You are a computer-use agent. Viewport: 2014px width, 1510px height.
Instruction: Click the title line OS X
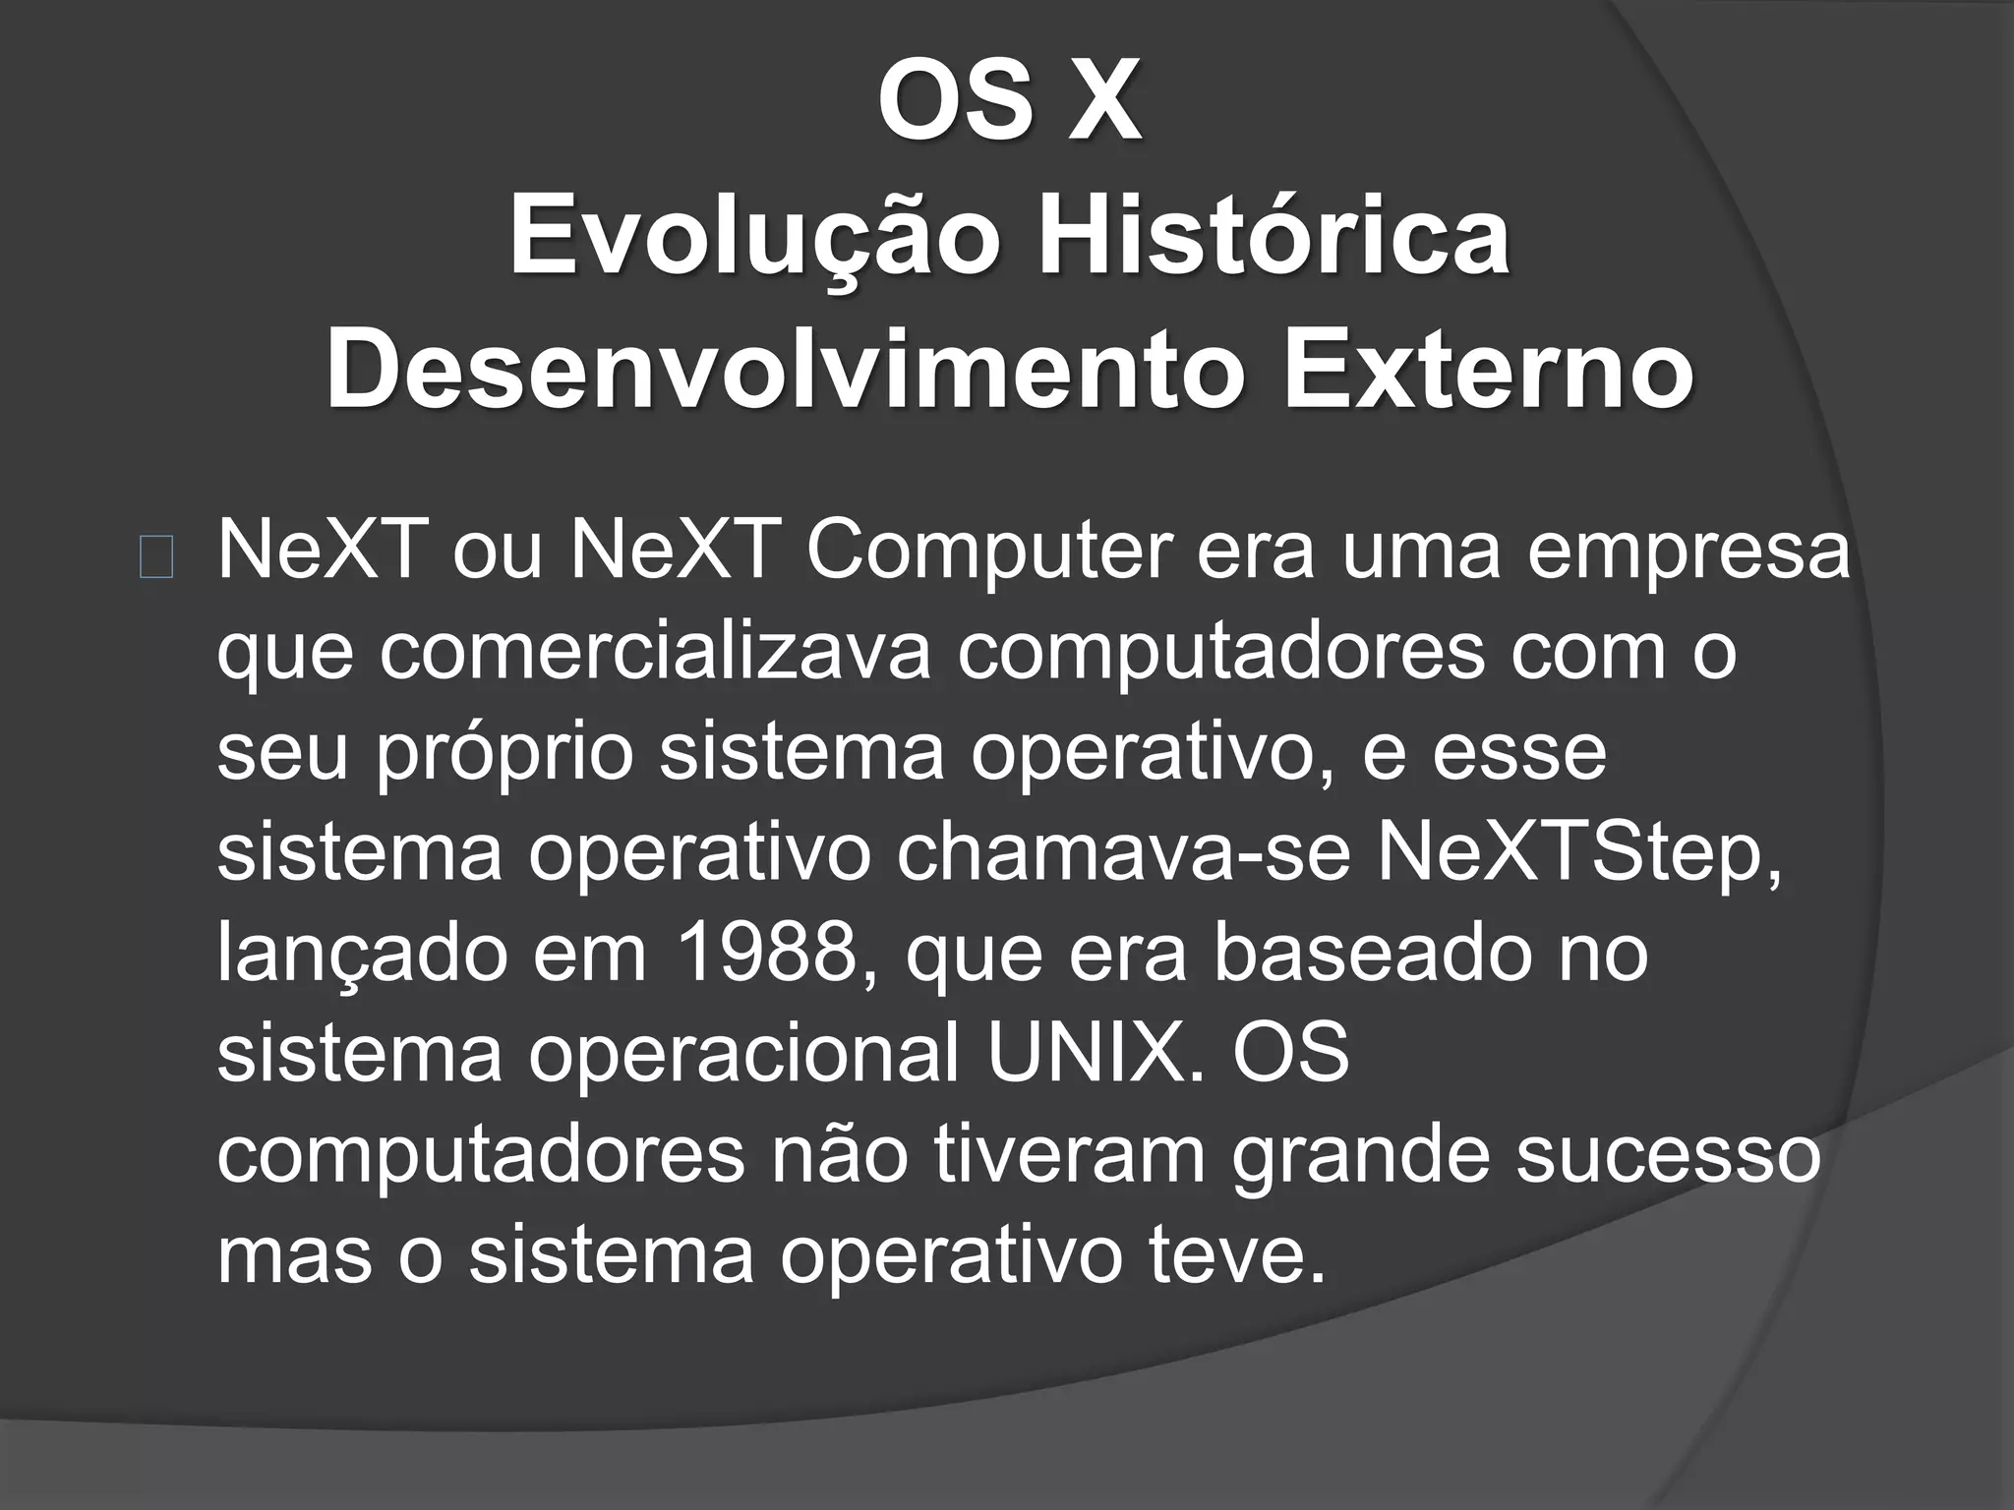click(x=1009, y=102)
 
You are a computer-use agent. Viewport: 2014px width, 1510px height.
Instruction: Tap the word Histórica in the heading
click(x=1274, y=237)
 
